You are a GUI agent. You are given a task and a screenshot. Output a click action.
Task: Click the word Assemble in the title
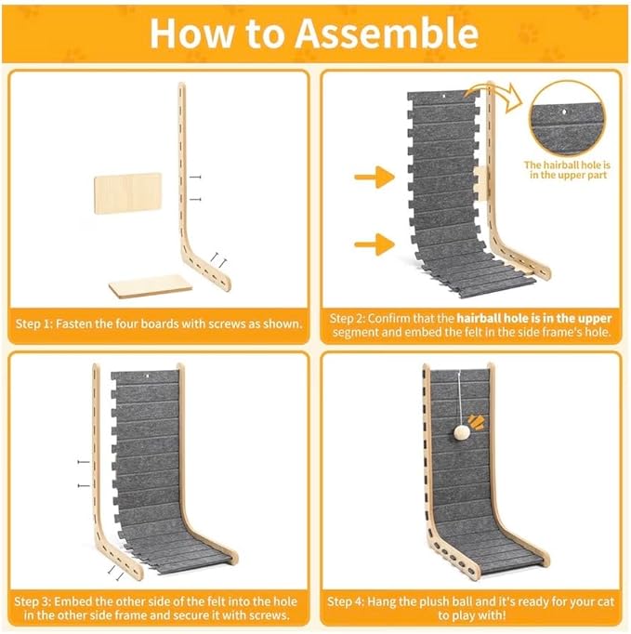(x=387, y=33)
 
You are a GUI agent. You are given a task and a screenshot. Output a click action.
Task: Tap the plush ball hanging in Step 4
(x=460, y=432)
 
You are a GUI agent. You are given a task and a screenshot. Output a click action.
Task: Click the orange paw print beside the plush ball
(x=477, y=422)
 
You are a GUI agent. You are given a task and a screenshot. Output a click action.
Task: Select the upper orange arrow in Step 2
(x=375, y=177)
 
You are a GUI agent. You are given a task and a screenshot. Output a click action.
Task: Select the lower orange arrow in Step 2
(x=375, y=244)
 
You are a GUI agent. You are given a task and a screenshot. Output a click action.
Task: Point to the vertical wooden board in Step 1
(x=127, y=193)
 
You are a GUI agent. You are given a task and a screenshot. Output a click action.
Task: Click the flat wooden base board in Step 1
(x=151, y=286)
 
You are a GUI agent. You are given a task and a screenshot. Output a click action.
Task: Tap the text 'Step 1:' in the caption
(x=34, y=324)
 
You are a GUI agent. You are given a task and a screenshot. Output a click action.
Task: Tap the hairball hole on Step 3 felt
(x=147, y=377)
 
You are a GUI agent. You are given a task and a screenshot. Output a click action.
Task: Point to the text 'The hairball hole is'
(x=567, y=165)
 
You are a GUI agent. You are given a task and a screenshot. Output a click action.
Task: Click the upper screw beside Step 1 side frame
(x=195, y=178)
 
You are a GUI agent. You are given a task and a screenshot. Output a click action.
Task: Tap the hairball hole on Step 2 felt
(x=443, y=97)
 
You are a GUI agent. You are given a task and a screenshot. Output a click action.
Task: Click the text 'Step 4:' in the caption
(x=346, y=601)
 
